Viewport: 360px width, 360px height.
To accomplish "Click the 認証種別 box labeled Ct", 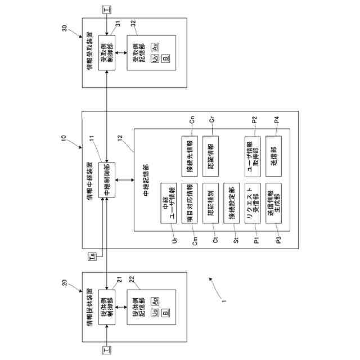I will [x=210, y=203].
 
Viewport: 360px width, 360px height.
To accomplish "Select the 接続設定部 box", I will [x=231, y=203].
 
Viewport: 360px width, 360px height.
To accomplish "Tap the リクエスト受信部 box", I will [x=251, y=203].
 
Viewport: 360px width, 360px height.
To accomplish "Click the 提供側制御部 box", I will [x=107, y=305].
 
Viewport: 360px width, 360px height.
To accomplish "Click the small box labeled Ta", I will [x=91, y=257].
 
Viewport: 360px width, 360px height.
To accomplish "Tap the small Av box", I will [x=155, y=45].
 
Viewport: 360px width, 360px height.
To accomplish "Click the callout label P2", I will [x=255, y=119].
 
